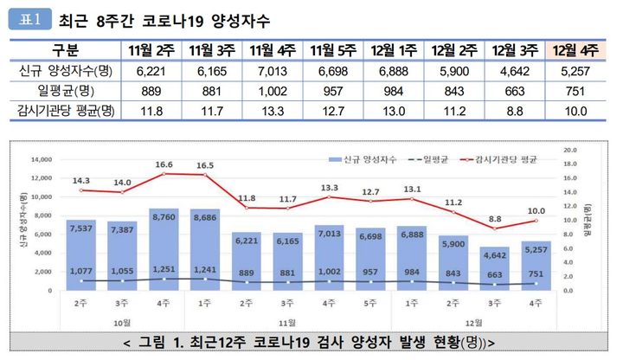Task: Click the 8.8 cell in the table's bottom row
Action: pos(515,111)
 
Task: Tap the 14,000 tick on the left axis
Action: pos(42,159)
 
